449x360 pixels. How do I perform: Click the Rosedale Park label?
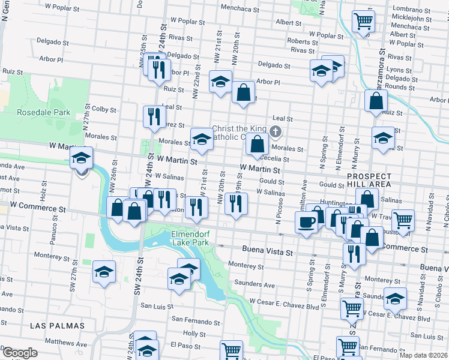click(43, 112)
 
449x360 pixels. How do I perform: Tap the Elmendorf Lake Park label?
click(190, 238)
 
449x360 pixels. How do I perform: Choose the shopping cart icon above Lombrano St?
click(364, 22)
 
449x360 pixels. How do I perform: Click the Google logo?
click(19, 352)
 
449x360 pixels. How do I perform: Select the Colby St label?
click(103, 109)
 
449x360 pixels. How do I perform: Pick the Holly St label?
click(194, 333)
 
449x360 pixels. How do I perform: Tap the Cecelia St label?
click(274, 159)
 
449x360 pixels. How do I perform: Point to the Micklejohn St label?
click(411, 18)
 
